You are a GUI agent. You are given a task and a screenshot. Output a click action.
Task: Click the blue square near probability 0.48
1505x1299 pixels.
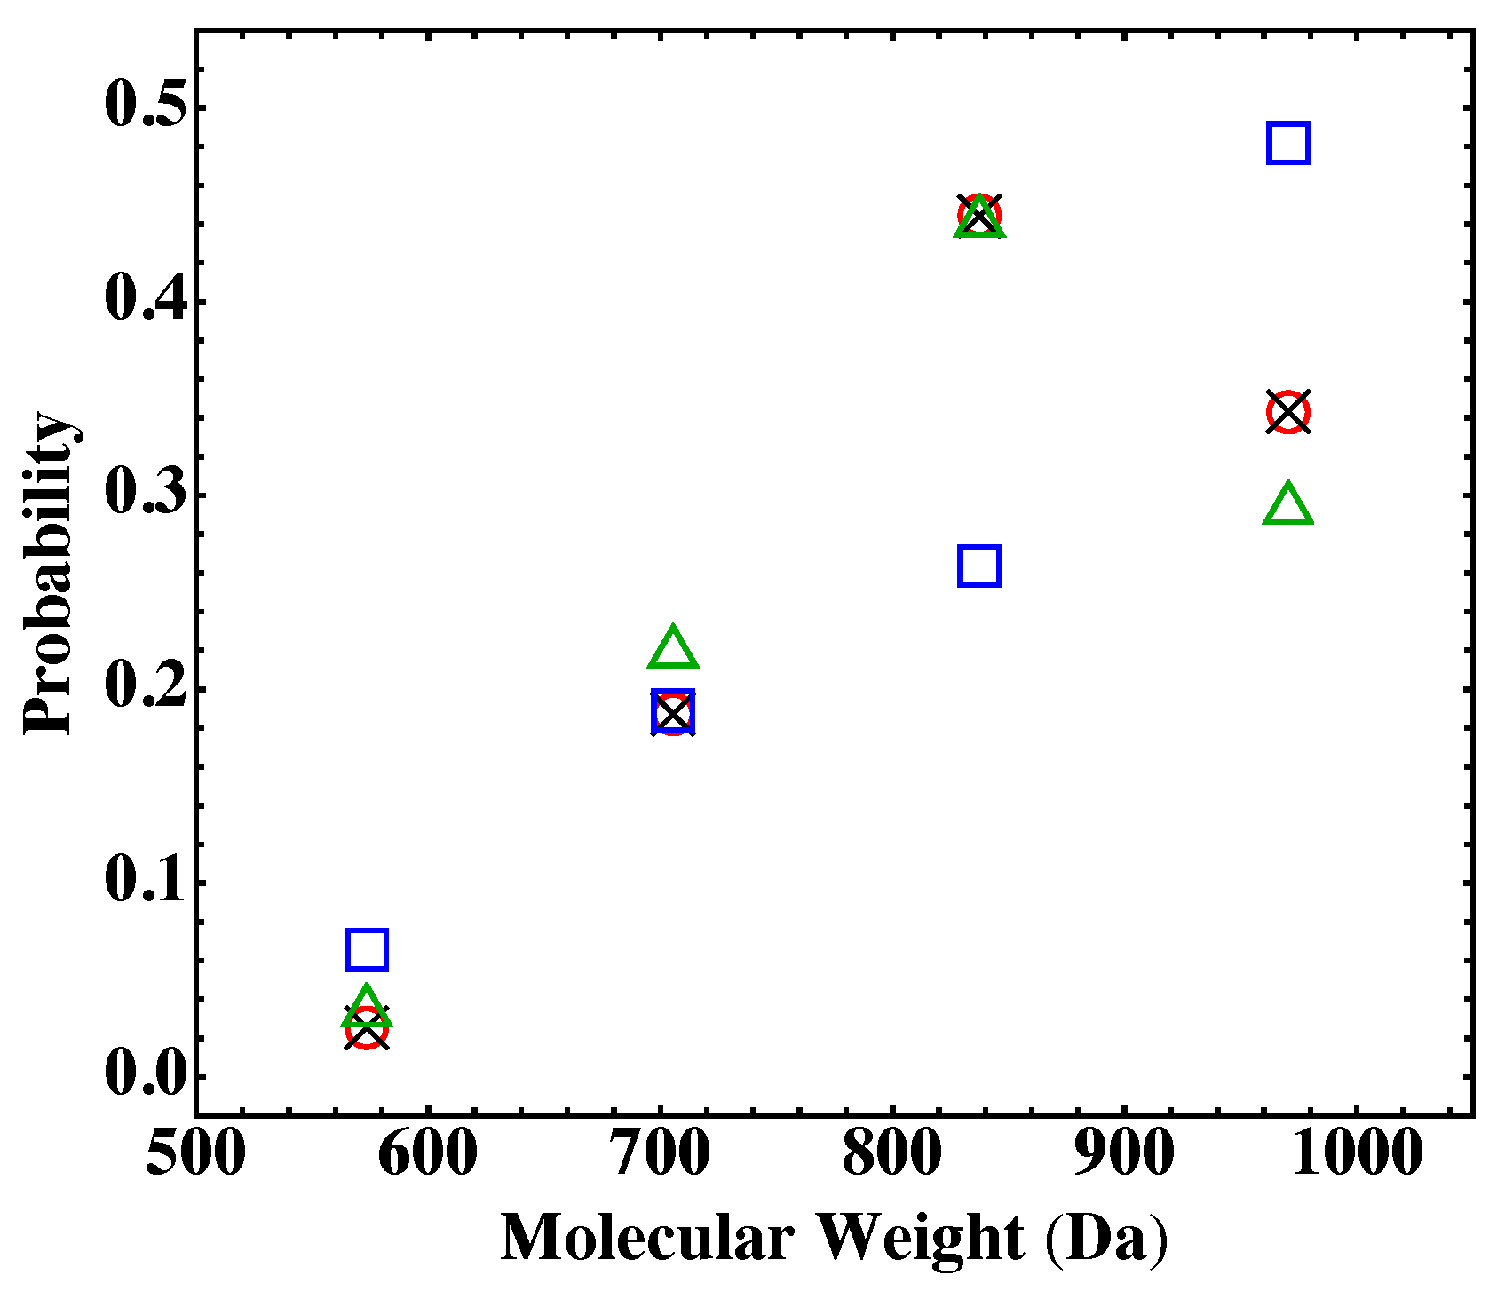click(1287, 143)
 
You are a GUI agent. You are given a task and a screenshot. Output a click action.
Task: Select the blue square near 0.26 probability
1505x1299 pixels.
click(979, 566)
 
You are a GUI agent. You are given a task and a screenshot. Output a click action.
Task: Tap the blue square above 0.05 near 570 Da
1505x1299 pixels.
click(366, 949)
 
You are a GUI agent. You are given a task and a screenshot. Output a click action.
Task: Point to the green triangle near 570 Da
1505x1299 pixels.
click(366, 1007)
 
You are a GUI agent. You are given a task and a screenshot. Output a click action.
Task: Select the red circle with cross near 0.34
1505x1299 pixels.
click(1287, 412)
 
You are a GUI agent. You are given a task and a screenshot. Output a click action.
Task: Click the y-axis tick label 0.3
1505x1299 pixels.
click(147, 493)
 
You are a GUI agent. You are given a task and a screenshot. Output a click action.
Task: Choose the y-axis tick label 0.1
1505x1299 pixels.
click(147, 881)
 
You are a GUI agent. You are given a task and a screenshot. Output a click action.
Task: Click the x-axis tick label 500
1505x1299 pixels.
click(195, 1154)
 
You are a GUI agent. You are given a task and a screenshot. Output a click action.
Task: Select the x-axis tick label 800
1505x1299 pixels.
click(891, 1154)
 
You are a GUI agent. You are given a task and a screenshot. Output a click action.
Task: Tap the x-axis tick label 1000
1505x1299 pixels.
click(1356, 1154)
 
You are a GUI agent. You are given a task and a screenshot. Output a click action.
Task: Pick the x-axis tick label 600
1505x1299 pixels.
click(427, 1154)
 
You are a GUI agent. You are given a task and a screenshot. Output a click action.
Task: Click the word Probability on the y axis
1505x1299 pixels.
click(49, 573)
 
